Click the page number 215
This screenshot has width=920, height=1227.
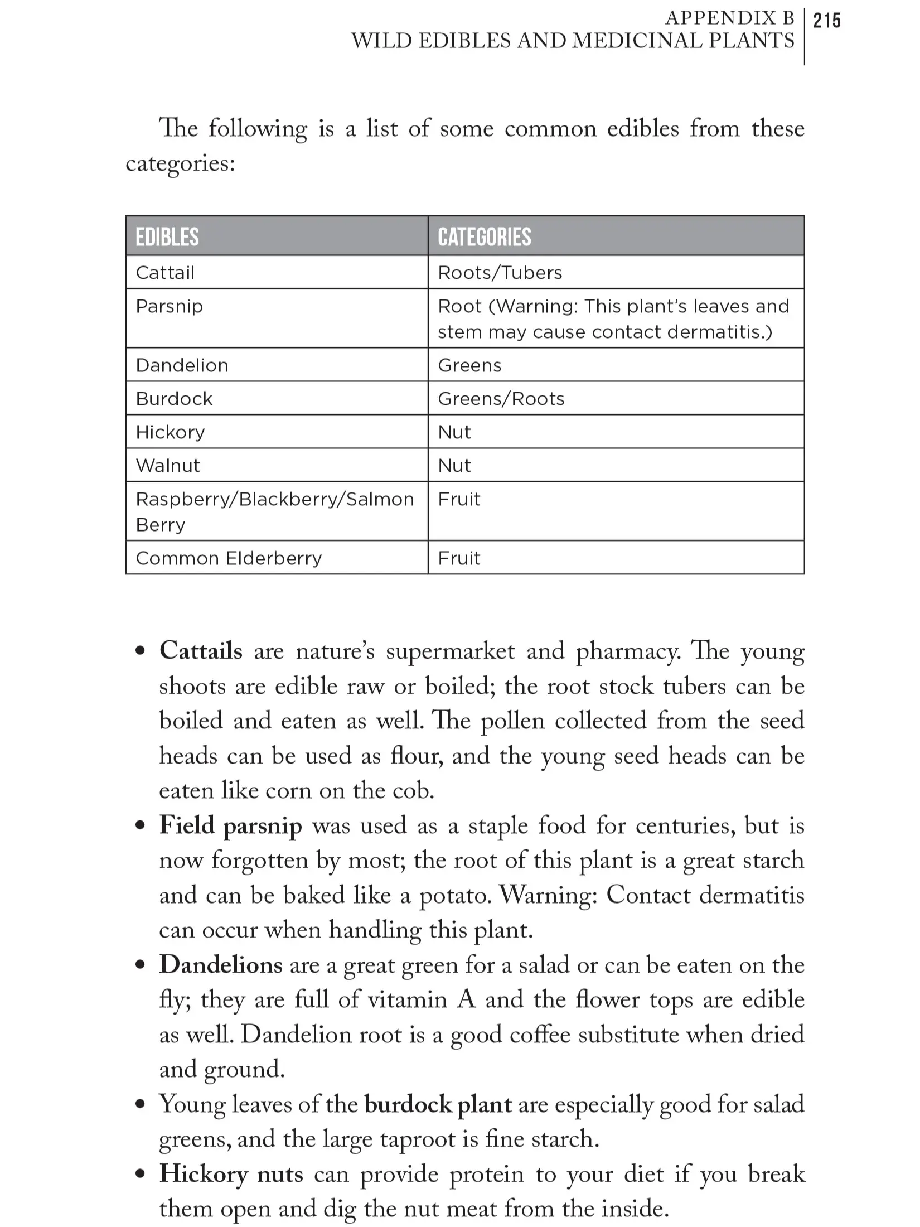tap(827, 21)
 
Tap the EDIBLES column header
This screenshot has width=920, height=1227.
tap(167, 237)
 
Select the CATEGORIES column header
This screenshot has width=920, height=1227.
tap(484, 237)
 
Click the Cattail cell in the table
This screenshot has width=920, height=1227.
tap(165, 273)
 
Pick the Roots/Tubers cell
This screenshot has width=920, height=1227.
tap(500, 273)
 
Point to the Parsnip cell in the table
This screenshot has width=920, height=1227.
tap(170, 306)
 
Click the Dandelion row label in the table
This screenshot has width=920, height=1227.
tap(182, 365)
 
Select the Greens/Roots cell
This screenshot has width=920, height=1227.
tap(501, 399)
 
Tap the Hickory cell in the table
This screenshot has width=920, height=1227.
tap(170, 432)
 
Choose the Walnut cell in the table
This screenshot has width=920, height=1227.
tap(168, 466)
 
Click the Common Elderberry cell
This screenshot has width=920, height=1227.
tap(229, 558)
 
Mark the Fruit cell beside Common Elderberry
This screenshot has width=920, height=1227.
tap(459, 558)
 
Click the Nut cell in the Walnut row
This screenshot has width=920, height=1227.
tap(454, 466)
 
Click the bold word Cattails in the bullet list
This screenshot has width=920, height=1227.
tap(201, 651)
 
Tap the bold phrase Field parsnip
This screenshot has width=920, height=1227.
tap(230, 825)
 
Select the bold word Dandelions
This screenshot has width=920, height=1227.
tap(221, 965)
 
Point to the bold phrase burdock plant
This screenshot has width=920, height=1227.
tap(438, 1104)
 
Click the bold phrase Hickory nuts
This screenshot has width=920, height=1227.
tap(231, 1174)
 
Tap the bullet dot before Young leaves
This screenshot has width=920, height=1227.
tap(141, 1105)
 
